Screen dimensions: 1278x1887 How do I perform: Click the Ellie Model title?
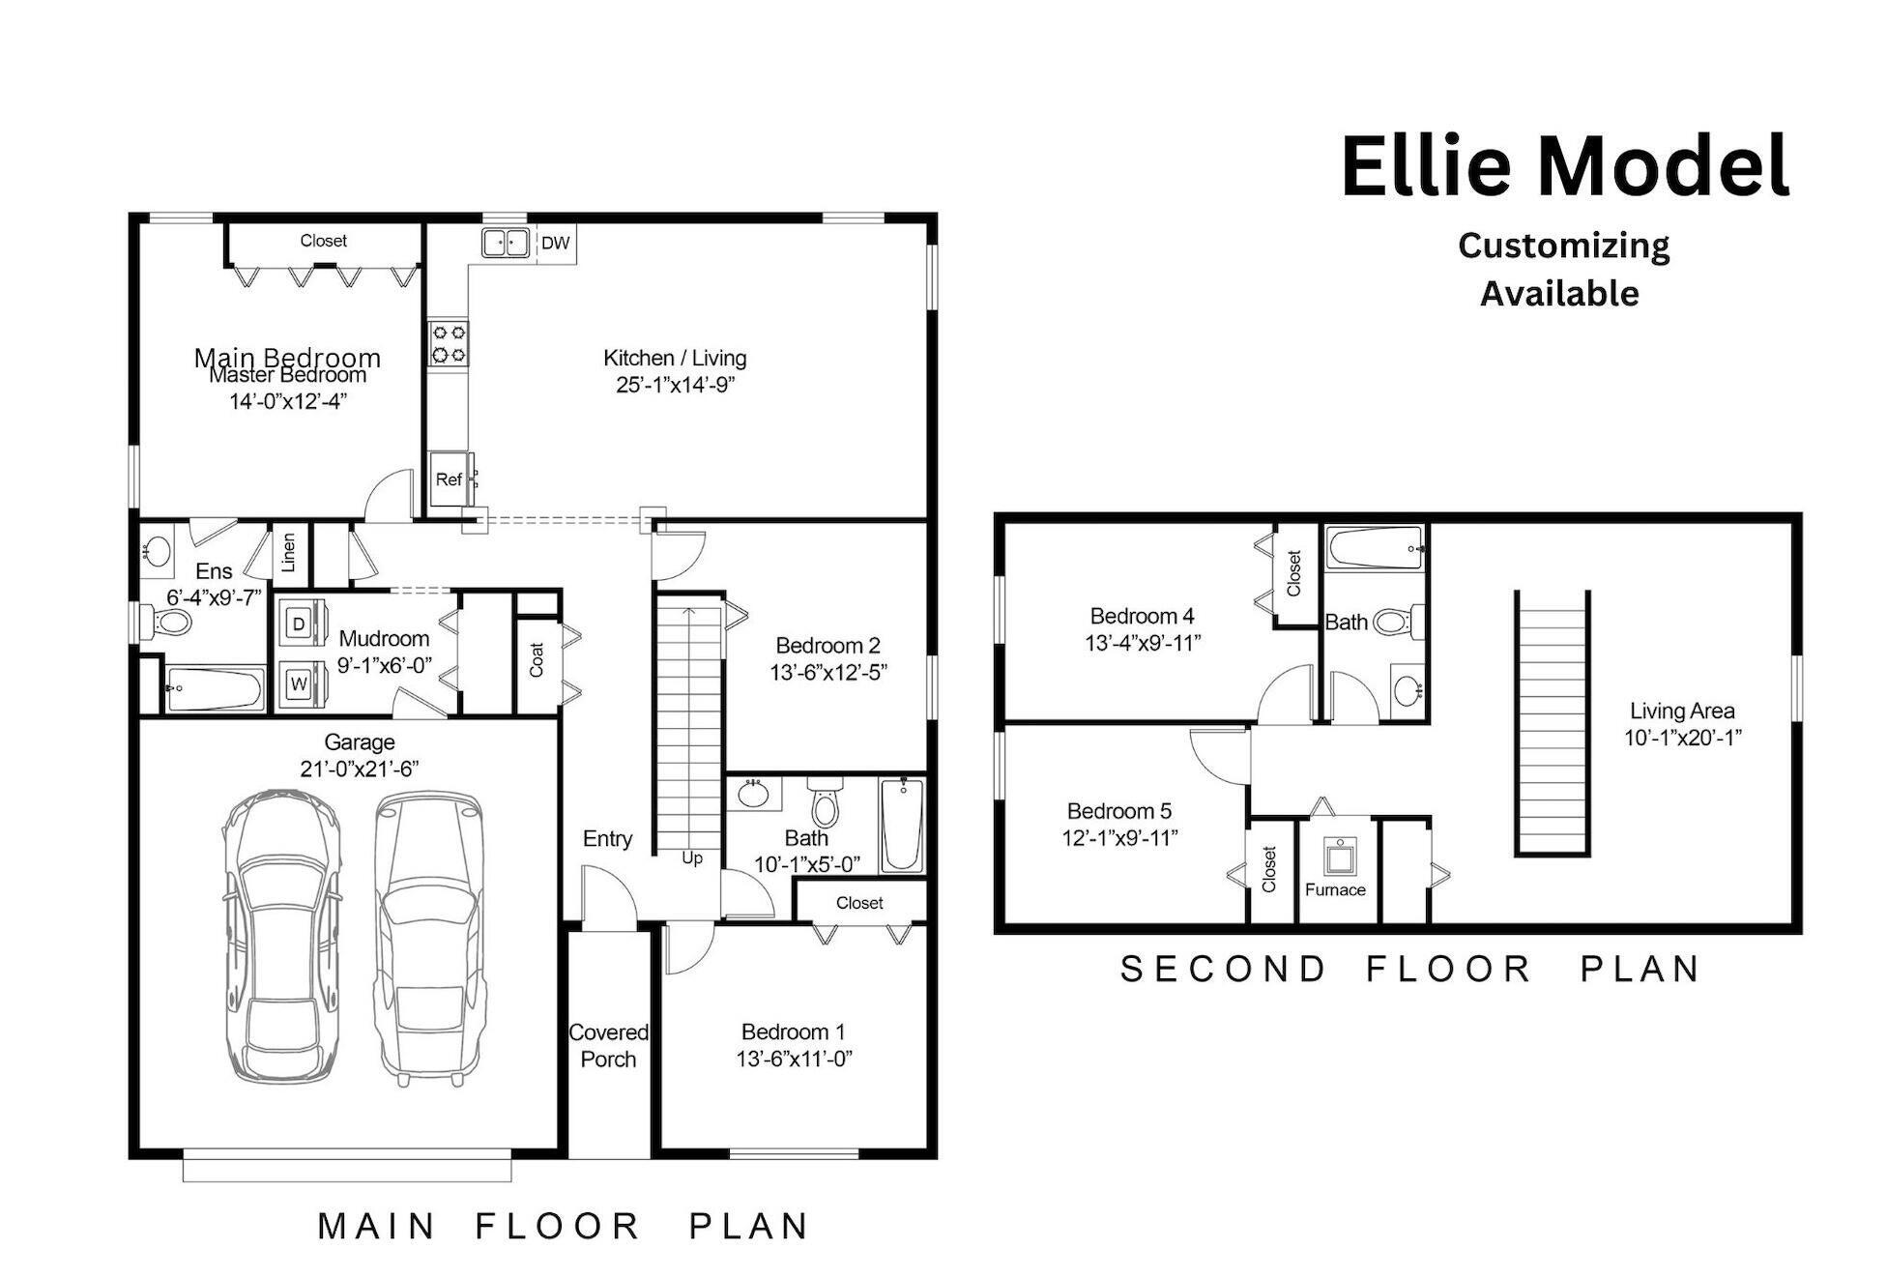pyautogui.click(x=1564, y=166)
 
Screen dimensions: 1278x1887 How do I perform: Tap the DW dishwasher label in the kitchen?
pyautogui.click(x=555, y=244)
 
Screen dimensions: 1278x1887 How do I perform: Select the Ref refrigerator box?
pyautogui.click(x=449, y=479)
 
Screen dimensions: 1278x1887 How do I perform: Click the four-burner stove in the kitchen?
pyautogui.click(x=449, y=343)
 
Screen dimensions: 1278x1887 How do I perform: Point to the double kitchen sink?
pyautogui.click(x=505, y=243)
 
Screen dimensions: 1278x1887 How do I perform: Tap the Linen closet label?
pyautogui.click(x=288, y=554)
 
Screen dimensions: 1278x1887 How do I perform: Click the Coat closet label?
pyautogui.click(x=537, y=660)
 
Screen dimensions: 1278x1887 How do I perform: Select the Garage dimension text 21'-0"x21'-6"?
pyautogui.click(x=359, y=770)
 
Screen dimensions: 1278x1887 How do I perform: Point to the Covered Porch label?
pyautogui.click(x=608, y=1046)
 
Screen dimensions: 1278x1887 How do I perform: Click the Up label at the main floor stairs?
pyautogui.click(x=692, y=858)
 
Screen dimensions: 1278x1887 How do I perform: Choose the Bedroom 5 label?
pyautogui.click(x=1118, y=811)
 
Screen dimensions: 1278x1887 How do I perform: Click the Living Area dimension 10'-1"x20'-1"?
pyautogui.click(x=1682, y=739)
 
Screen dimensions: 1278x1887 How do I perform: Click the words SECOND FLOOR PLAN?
pyautogui.click(x=1409, y=969)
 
